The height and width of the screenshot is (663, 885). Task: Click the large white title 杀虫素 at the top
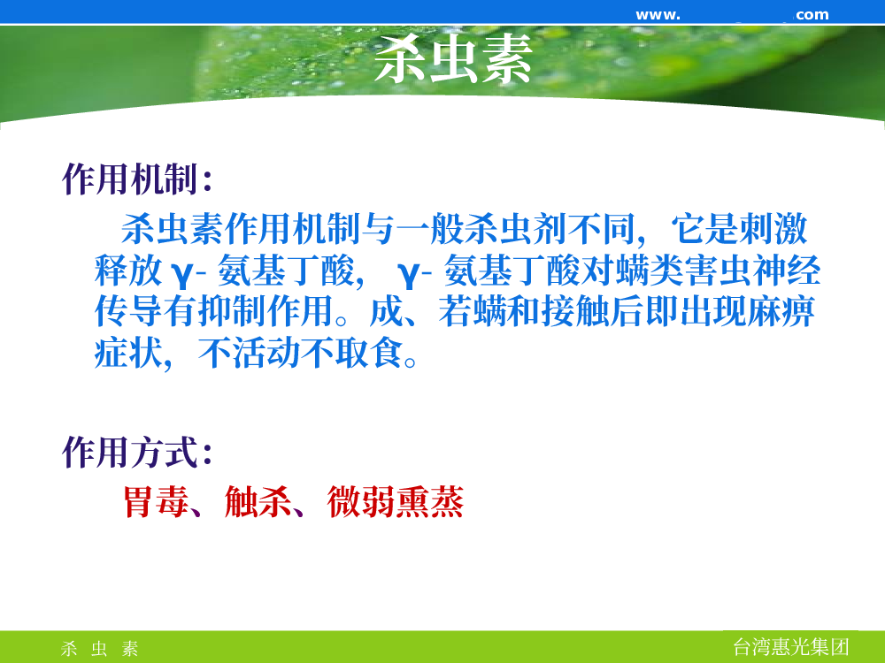coord(453,58)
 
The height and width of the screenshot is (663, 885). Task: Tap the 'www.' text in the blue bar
coord(658,15)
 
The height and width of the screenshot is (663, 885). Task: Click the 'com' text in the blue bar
coord(812,15)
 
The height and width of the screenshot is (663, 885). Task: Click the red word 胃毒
coord(157,501)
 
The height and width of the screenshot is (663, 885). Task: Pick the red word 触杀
coord(258,501)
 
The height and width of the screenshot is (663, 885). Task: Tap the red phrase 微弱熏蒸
coord(396,501)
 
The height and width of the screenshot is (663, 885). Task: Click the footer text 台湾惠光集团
coord(790,647)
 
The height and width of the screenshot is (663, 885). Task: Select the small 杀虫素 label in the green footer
coord(99,648)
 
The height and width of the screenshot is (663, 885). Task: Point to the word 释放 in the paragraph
coord(128,271)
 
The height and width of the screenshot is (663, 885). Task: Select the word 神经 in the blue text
coord(787,271)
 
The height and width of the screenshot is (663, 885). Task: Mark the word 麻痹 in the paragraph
coord(781,312)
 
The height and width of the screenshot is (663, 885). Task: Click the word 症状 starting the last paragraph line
coord(128,354)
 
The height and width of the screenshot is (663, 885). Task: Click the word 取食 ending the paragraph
coord(369,354)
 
